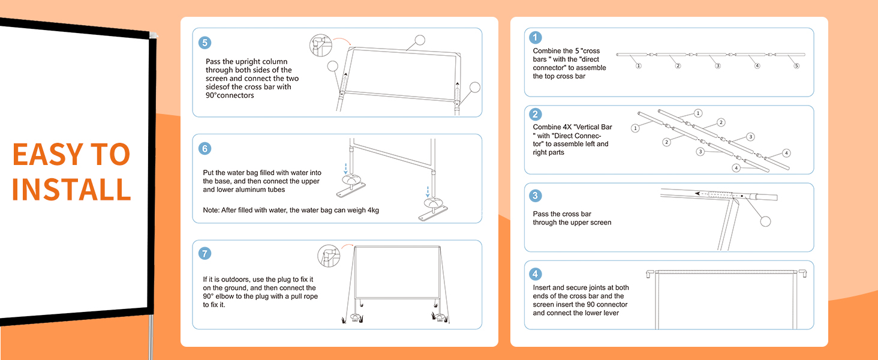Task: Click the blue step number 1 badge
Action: [x=536, y=38]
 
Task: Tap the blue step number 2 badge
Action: [x=536, y=115]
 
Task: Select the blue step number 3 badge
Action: [x=536, y=196]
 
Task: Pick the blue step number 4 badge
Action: [x=536, y=274]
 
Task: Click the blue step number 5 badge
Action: [x=205, y=43]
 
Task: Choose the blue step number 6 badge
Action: [x=205, y=148]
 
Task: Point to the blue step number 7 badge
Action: [x=205, y=253]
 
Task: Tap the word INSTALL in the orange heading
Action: [x=71, y=189]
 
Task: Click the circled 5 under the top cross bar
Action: [x=796, y=66]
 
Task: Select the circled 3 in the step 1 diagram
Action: [x=717, y=66]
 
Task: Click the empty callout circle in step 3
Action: [x=765, y=221]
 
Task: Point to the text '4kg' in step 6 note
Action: [x=372, y=210]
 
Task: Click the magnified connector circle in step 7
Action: [x=329, y=256]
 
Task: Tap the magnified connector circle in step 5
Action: [x=321, y=45]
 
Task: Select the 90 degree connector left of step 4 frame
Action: [x=650, y=274]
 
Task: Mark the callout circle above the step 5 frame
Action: [x=420, y=40]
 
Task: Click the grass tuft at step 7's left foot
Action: [x=344, y=320]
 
